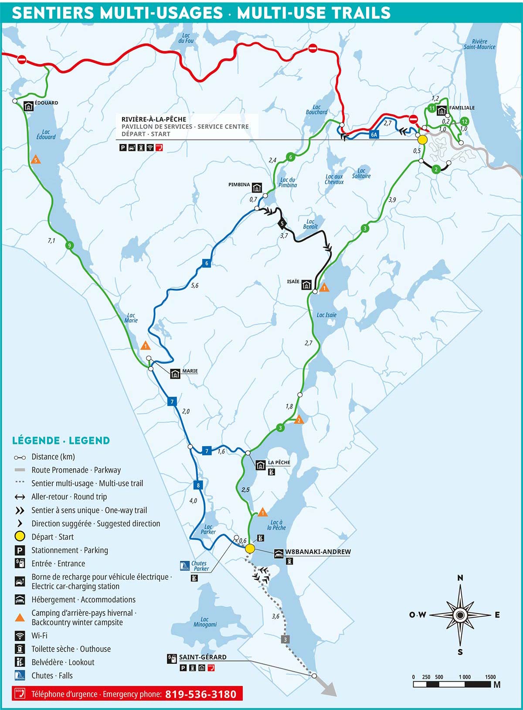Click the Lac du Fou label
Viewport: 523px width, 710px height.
coord(186,38)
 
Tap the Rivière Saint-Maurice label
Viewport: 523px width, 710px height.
coord(479,44)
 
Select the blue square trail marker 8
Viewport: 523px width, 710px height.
coord(198,485)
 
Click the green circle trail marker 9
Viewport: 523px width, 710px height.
coord(68,246)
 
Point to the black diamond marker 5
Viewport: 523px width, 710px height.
coord(282,224)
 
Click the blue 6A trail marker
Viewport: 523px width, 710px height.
coord(374,135)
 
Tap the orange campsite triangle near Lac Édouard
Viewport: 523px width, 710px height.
coord(36,160)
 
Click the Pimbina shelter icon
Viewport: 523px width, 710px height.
coord(257,188)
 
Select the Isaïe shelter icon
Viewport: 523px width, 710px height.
coord(306,285)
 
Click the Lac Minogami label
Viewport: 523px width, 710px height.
coord(205,622)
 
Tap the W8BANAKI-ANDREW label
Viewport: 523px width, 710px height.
coord(318,552)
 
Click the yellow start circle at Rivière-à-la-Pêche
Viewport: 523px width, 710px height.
coord(422,140)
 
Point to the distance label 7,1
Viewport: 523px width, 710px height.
coord(51,241)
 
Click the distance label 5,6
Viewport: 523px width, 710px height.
coord(194,286)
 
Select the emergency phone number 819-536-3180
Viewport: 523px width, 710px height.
coord(200,694)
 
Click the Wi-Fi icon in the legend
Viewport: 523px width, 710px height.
coord(20,635)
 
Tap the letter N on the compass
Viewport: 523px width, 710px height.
coord(460,578)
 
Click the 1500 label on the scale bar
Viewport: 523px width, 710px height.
coord(490,677)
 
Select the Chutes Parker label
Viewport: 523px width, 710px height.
coord(200,566)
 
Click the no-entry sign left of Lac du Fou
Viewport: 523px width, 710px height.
coord(21,59)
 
